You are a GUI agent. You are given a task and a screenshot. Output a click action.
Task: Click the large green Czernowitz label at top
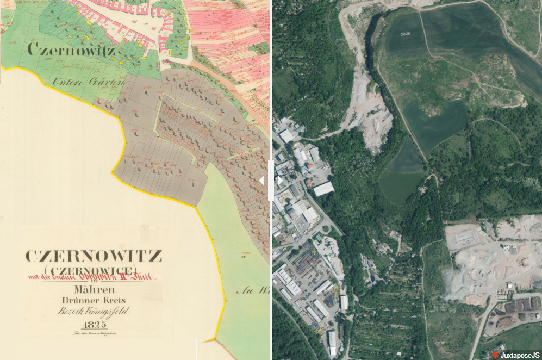click(71, 51)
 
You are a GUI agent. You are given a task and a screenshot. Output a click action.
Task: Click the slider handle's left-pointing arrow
click(261, 181)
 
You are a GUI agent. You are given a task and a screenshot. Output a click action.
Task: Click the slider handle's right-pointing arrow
click(280, 181)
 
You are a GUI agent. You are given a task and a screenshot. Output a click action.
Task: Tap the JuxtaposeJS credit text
click(520, 355)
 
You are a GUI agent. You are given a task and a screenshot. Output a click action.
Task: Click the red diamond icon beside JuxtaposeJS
click(495, 355)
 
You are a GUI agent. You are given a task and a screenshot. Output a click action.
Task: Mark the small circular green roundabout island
click(326, 229)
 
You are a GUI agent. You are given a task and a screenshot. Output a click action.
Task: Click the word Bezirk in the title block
click(70, 313)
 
